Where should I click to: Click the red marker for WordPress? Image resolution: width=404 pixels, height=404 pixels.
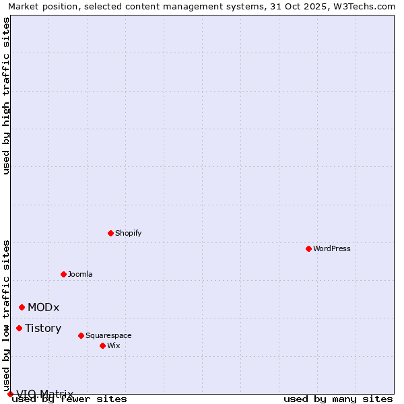308,248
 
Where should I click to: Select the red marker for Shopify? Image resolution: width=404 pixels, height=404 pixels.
110,233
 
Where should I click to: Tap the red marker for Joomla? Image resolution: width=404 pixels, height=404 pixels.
63,274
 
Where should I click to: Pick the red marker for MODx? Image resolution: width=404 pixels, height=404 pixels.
22,307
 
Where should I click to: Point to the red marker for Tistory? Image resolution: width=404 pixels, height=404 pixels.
19,328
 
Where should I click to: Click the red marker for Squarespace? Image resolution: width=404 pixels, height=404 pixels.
81,335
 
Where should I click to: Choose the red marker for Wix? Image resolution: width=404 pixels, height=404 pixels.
102,345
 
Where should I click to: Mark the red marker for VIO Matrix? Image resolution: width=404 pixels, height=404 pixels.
10,394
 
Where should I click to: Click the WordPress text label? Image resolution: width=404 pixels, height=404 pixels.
332,248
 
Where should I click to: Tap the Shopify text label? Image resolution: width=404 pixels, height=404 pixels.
128,233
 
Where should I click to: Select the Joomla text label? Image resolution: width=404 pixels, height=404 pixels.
80,274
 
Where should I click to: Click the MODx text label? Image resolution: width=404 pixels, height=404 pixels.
44,307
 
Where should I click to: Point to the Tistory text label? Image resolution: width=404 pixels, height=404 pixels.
43,328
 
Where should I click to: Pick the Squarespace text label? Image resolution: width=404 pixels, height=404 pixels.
108,335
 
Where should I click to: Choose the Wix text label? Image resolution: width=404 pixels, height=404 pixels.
114,345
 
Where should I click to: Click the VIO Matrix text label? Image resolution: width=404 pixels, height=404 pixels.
44,394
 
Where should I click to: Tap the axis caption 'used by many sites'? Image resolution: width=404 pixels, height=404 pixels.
338,399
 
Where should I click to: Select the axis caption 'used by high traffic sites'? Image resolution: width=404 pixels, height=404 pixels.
6,96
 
